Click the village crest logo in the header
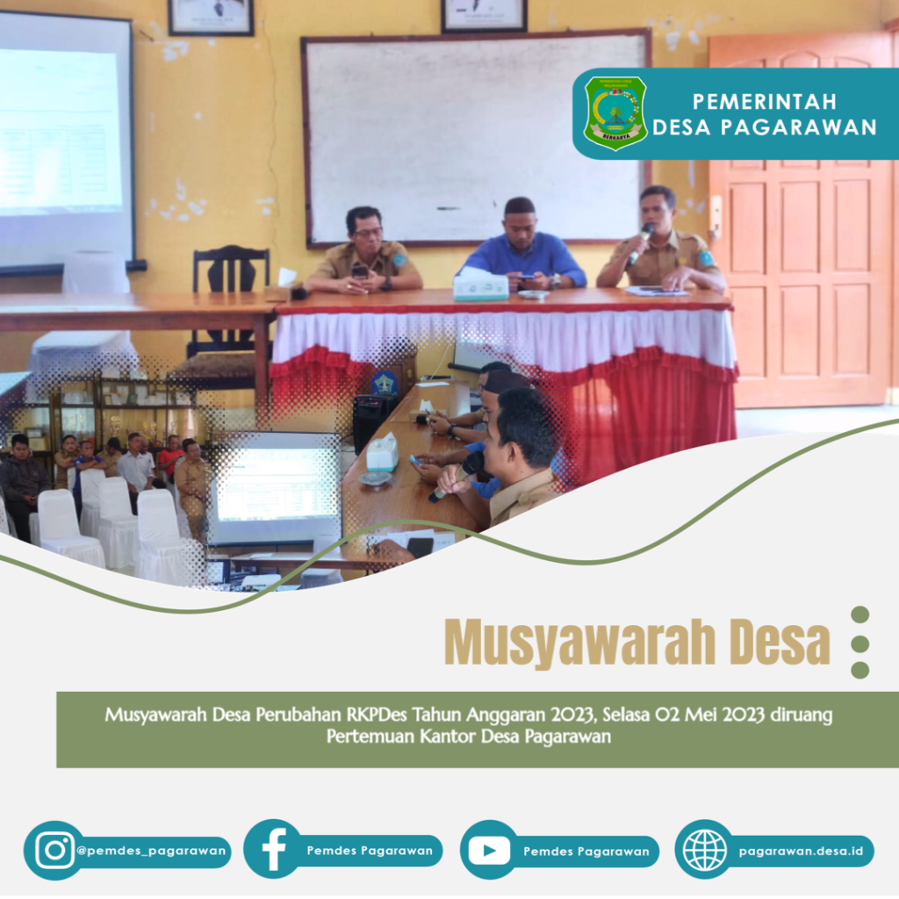pyautogui.click(x=615, y=112)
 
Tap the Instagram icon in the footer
pyautogui.click(x=54, y=850)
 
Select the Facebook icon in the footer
pyautogui.click(x=273, y=850)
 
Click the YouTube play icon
pyautogui.click(x=489, y=850)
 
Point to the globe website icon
pyautogui.click(x=704, y=850)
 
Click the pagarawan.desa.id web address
pyautogui.click(x=801, y=851)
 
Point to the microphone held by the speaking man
pyautogui.click(x=639, y=242)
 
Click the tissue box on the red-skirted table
pyautogui.click(x=480, y=287)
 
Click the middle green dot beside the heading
pyautogui.click(x=859, y=643)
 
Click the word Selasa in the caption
pyautogui.click(x=633, y=715)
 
